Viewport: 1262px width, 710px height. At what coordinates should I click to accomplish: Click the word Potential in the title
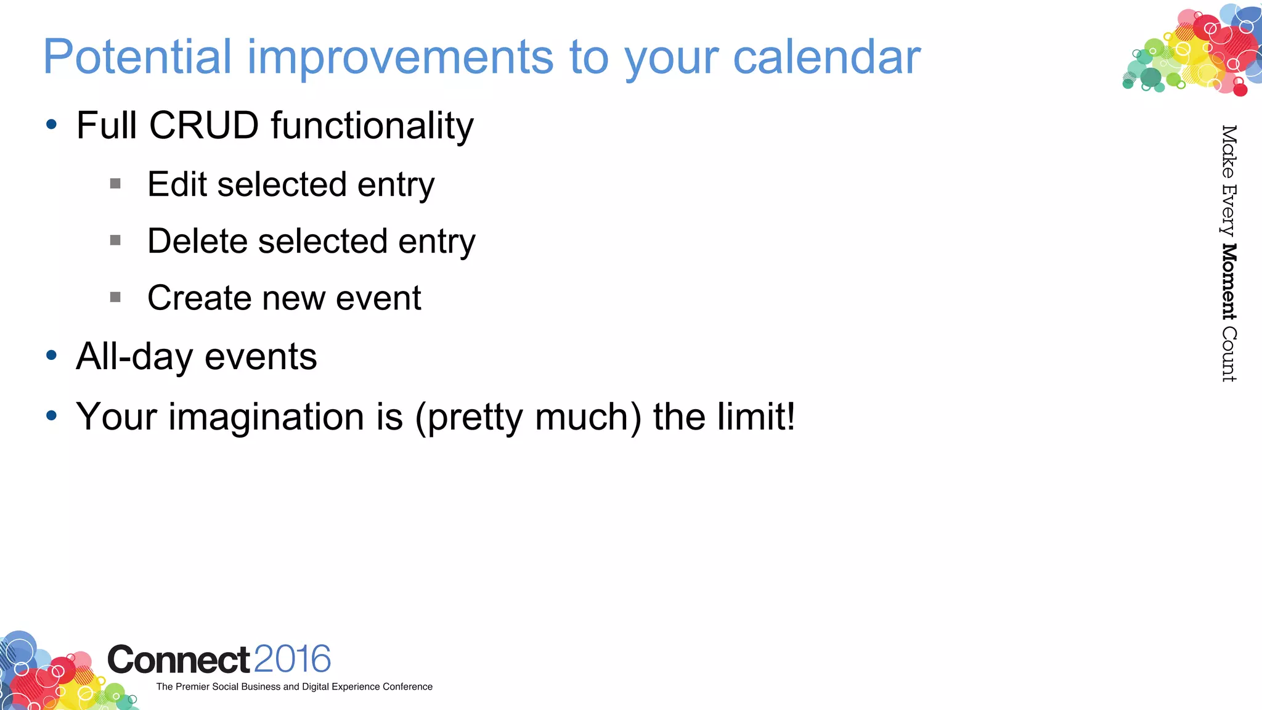[137, 57]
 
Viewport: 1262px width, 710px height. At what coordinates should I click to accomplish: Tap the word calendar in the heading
[826, 57]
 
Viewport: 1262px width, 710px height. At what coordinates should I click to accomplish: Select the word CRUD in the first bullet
[204, 126]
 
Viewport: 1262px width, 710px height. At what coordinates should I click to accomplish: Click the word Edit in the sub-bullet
[177, 184]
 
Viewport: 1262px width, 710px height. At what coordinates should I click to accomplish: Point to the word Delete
[197, 241]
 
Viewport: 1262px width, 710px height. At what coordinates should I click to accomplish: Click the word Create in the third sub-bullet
[200, 298]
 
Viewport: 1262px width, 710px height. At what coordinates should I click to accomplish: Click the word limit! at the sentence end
[756, 417]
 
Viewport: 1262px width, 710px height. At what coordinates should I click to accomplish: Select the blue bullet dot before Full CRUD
[52, 125]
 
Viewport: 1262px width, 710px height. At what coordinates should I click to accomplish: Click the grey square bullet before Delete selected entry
[115, 240]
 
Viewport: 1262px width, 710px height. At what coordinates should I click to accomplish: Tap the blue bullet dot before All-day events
[52, 356]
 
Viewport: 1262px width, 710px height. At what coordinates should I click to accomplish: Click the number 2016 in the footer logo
[292, 659]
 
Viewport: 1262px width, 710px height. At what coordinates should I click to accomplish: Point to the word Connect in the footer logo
[179, 660]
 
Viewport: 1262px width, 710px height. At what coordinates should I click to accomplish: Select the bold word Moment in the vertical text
[1229, 282]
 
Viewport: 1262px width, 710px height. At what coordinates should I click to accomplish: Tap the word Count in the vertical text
[1229, 354]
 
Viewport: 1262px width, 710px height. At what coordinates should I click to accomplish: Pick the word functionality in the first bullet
[372, 126]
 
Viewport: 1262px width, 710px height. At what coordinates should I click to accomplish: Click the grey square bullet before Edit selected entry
[115, 184]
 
